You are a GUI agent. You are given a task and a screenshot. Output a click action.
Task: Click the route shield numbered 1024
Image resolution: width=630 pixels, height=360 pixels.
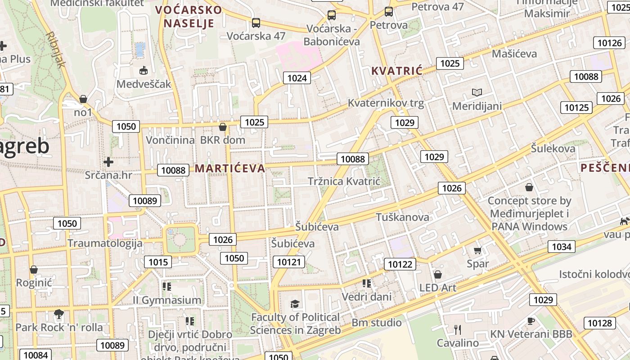pyautogui.click(x=297, y=78)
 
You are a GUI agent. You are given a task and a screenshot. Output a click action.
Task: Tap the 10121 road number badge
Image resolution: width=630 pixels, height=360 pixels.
pyautogui.click(x=288, y=262)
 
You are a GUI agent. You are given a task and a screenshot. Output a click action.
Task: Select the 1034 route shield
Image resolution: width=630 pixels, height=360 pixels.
pyautogui.click(x=561, y=246)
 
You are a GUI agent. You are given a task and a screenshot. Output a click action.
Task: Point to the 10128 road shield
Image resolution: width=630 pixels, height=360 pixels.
pyautogui.click(x=599, y=323)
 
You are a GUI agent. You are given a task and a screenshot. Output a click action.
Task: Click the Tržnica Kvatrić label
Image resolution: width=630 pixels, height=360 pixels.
pyautogui.click(x=344, y=181)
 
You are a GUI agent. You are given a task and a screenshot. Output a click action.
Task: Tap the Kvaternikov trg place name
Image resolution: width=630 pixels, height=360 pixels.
pyautogui.click(x=386, y=103)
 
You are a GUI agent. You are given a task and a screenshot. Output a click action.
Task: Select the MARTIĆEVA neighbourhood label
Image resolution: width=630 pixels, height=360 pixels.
pyautogui.click(x=229, y=168)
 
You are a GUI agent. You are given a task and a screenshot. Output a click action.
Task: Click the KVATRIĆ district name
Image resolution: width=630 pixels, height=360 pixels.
pyautogui.click(x=397, y=71)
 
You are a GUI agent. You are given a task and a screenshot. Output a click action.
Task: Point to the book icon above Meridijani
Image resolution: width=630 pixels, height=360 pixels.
pyautogui.click(x=477, y=93)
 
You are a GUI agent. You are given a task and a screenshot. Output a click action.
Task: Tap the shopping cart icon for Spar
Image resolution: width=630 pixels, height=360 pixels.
pyautogui.click(x=477, y=250)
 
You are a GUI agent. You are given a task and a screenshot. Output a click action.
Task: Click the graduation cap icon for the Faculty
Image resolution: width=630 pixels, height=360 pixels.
pyautogui.click(x=295, y=304)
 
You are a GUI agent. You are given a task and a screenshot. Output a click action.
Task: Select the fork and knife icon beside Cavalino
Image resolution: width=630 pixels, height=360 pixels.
pyautogui.click(x=458, y=330)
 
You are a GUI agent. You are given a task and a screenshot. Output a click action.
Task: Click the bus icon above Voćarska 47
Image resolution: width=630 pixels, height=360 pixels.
pyautogui.click(x=256, y=22)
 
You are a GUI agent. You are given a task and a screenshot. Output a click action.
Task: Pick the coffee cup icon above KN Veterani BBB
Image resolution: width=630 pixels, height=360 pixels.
pyautogui.click(x=531, y=321)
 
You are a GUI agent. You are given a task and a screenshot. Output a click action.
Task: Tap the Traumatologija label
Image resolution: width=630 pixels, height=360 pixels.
pyautogui.click(x=105, y=243)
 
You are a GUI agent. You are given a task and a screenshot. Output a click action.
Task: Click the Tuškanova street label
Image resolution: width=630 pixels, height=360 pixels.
pyautogui.click(x=402, y=217)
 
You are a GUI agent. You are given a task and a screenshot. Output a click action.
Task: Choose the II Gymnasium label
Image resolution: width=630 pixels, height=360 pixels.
pyautogui.click(x=167, y=300)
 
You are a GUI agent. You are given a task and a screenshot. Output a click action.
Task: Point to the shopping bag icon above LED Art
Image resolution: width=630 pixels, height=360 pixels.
pyautogui.click(x=437, y=274)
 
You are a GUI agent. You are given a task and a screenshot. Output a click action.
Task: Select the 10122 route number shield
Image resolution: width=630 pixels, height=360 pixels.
pyautogui.click(x=400, y=264)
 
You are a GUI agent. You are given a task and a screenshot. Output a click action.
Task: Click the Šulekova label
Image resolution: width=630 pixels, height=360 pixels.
pyautogui.click(x=553, y=148)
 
